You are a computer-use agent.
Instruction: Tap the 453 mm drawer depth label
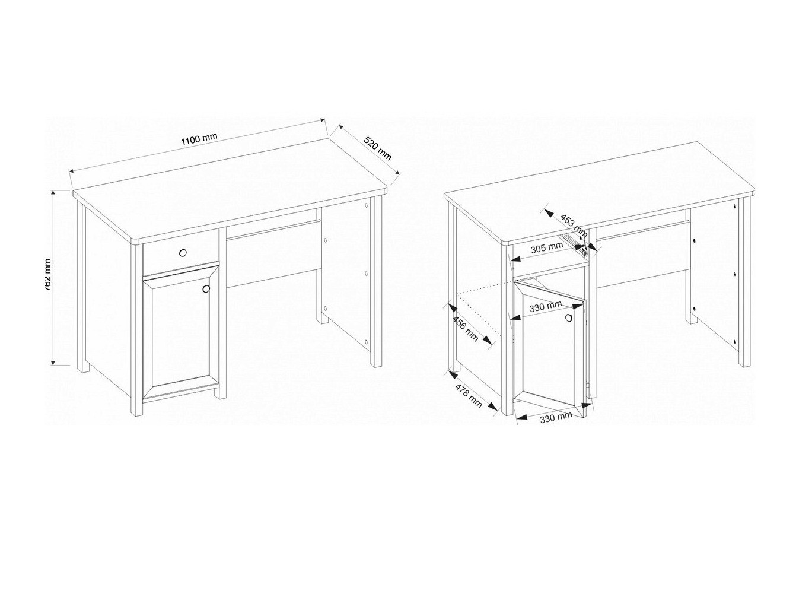[x=573, y=224]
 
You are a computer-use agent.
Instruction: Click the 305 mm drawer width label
[x=547, y=246]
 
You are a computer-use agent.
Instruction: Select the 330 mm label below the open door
[x=556, y=417]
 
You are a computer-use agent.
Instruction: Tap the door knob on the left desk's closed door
[x=206, y=289]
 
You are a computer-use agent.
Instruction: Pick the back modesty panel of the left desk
[x=273, y=252]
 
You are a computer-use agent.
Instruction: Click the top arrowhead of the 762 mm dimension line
[x=54, y=192]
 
